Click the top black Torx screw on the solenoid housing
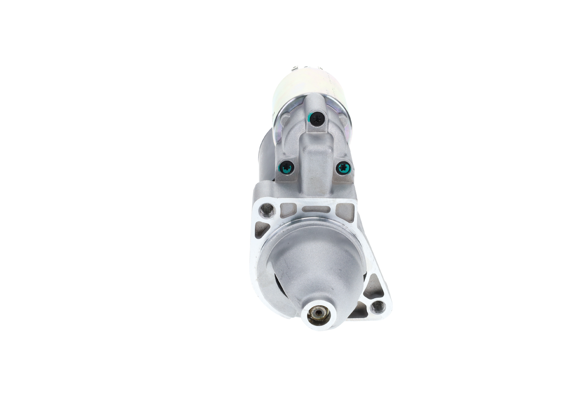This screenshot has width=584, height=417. click(316, 119)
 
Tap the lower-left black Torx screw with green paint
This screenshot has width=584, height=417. click(286, 168)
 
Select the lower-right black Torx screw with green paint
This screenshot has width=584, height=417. click(344, 168)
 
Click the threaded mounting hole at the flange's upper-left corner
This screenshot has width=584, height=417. click(267, 210)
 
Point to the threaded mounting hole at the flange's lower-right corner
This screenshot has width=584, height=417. click(378, 307)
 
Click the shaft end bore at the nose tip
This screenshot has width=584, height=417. click(318, 314)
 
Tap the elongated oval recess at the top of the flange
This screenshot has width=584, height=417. click(316, 209)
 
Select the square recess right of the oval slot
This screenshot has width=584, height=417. click(345, 211)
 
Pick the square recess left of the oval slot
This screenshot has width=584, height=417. click(288, 210)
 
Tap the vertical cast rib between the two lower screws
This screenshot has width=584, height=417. click(315, 164)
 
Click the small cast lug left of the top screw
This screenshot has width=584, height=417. click(285, 120)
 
